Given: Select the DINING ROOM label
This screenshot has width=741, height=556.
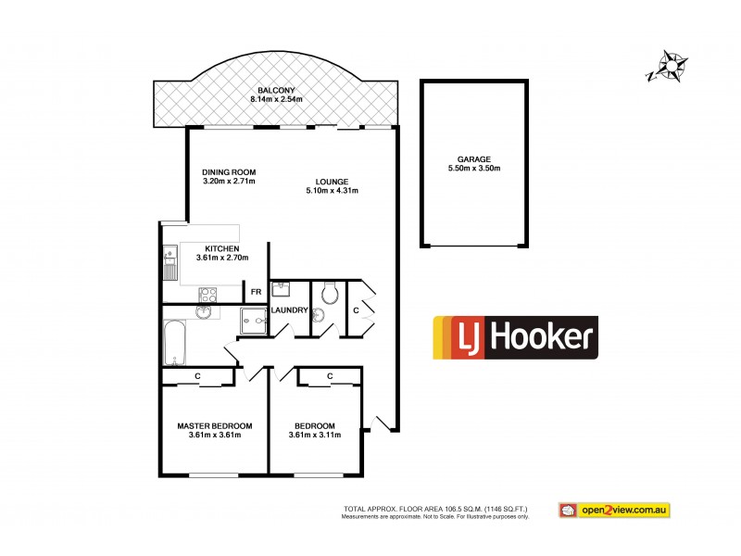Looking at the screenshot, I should click(229, 171).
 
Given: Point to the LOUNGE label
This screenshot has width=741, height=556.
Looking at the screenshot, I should click(331, 181).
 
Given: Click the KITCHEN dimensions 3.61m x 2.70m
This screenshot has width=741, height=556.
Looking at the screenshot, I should click(223, 259).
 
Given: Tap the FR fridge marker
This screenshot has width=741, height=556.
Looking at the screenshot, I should click(256, 292).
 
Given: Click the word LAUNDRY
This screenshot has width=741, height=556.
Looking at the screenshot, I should click(289, 310).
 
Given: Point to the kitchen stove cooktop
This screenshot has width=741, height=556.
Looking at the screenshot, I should click(208, 296).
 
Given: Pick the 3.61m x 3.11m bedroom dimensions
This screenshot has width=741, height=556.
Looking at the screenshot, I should click(313, 435).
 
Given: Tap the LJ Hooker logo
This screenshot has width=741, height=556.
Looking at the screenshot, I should click(516, 337).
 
